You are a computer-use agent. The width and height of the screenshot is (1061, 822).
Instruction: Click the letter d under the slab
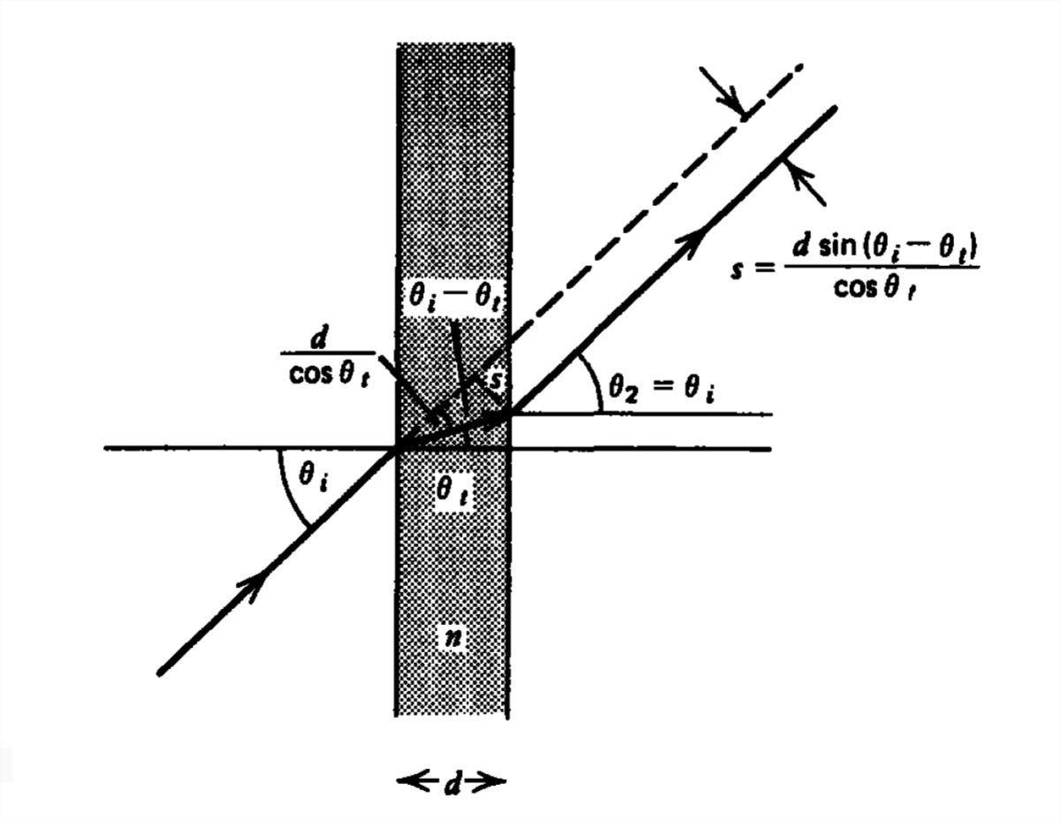pos(452,781)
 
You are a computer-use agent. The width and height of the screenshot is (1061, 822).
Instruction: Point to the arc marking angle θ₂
pos(590,383)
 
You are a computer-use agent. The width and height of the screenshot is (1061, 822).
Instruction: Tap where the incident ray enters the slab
pos(397,448)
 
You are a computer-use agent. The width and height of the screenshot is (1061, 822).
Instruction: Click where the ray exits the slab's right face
pos(508,413)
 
